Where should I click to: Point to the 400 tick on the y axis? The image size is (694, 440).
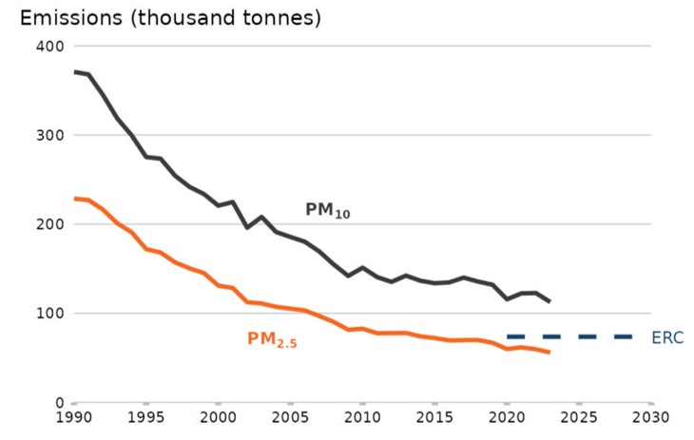click(49, 46)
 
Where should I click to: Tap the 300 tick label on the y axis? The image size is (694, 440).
click(49, 135)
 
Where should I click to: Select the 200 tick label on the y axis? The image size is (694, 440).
click(49, 224)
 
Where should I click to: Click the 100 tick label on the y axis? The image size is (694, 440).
click(49, 314)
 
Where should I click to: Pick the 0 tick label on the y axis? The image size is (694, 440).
click(58, 403)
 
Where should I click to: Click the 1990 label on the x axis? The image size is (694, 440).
click(73, 419)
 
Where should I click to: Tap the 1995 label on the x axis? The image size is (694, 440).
click(145, 419)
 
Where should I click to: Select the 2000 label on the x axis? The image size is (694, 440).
click(218, 419)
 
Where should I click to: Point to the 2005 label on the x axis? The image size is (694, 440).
click(290, 419)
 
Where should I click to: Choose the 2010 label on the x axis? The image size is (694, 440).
click(362, 419)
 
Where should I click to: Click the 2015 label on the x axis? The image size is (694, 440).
click(434, 419)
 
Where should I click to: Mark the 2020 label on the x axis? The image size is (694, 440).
click(507, 419)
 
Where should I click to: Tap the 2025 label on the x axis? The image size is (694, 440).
click(579, 419)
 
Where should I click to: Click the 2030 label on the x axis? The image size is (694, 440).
click(651, 419)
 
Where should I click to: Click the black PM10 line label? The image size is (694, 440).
click(327, 211)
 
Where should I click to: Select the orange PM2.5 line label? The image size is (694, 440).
click(273, 339)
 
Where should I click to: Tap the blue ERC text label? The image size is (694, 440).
click(667, 337)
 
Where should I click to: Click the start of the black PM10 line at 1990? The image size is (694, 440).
click(74, 72)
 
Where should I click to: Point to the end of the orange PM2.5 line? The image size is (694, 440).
click(549, 353)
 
